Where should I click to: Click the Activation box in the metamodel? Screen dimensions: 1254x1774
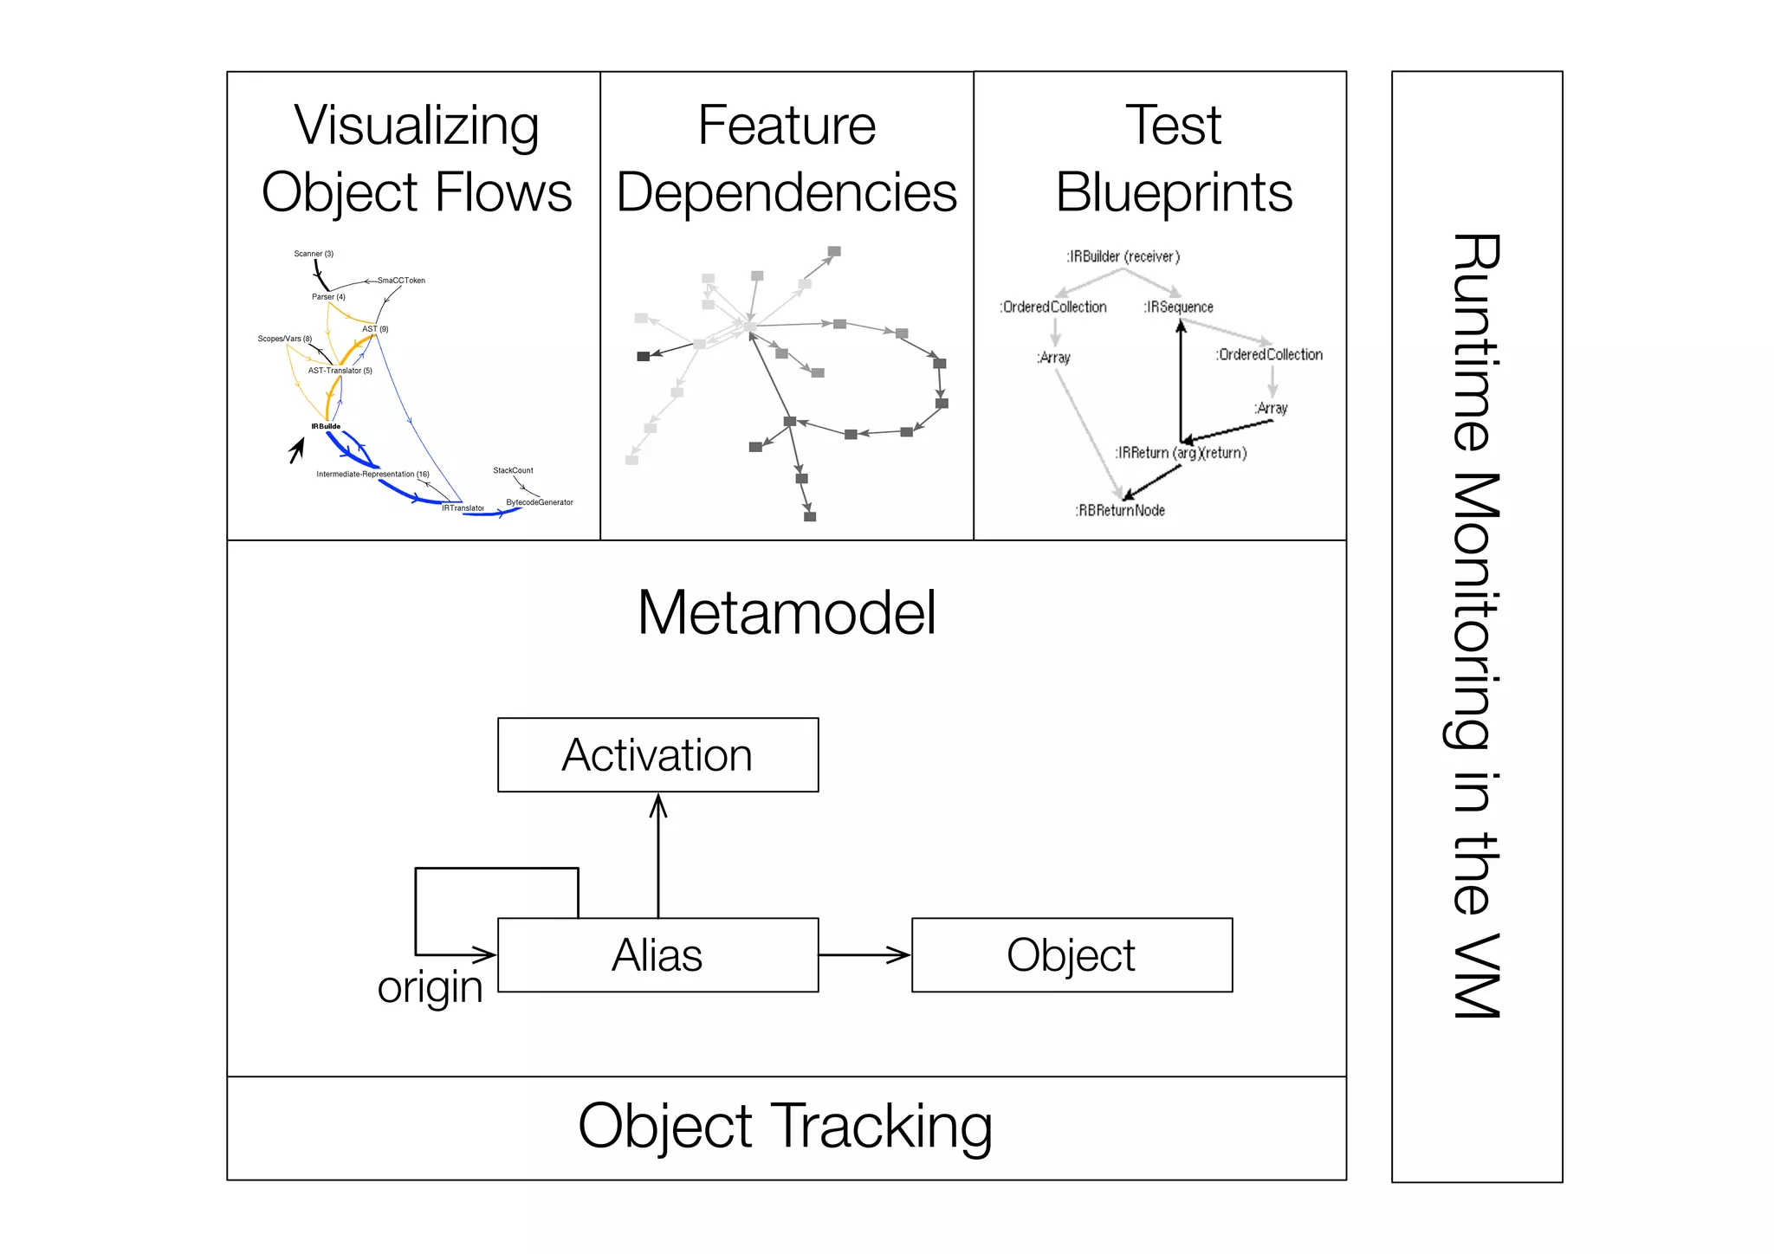pos(657,754)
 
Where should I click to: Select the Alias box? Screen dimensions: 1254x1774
pos(657,954)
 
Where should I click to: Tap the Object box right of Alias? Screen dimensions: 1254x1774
pos(1072,954)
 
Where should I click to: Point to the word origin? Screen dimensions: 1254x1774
pos(430,987)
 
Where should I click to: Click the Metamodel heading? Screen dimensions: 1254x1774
pos(786,612)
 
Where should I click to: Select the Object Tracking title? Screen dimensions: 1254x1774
pos(785,1126)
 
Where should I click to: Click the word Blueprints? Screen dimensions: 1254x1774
pos(1174,192)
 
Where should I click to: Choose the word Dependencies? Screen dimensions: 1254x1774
pos(787,192)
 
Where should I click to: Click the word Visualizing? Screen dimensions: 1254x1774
pos(416,126)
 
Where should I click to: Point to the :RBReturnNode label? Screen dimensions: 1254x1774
pos(1120,511)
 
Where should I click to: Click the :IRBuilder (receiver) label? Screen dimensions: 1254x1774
pos(1123,256)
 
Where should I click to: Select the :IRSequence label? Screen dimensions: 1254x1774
pos(1178,307)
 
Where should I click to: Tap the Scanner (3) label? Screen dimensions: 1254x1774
pos(314,254)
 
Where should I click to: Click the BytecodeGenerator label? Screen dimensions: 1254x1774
pos(540,502)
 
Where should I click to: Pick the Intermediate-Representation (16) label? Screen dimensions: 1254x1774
pos(372,474)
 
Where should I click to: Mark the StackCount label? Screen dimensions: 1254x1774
pos(513,470)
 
